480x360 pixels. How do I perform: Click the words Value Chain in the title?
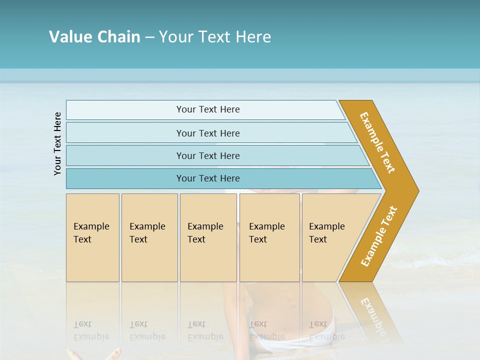pos(94,36)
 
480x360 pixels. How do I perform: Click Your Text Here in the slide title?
pos(214,36)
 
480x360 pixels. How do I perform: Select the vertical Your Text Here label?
pos(57,143)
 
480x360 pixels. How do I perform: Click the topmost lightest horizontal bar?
pos(207,109)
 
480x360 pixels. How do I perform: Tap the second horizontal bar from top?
pos(207,133)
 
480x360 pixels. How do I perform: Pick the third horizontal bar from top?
pos(207,155)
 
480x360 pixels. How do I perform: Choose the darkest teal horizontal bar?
pos(207,178)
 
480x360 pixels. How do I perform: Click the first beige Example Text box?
pos(92,237)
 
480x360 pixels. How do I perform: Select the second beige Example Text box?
pos(149,237)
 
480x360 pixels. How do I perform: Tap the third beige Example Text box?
pos(208,237)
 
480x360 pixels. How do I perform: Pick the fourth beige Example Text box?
pos(269,237)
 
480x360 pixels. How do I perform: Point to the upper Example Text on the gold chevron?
pos(377,142)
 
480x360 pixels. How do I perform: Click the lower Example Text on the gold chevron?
pos(378,236)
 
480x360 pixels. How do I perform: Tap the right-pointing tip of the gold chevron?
pos(416,190)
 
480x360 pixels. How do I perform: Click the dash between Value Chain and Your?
pos(149,37)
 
